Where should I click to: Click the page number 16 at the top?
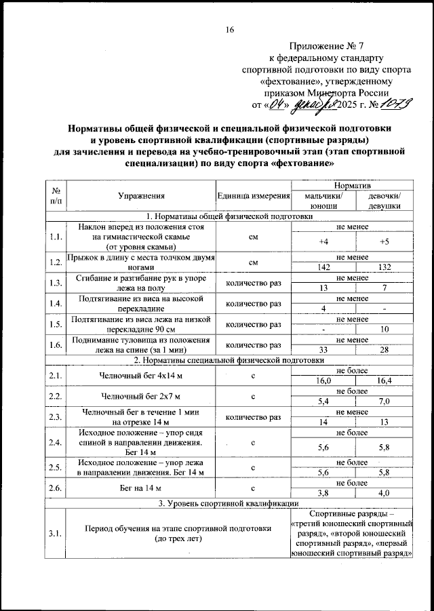(230, 30)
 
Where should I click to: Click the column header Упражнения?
(141, 196)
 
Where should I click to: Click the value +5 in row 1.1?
(384, 242)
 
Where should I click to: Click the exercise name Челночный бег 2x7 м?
(141, 395)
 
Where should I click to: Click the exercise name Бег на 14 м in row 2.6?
(141, 488)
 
